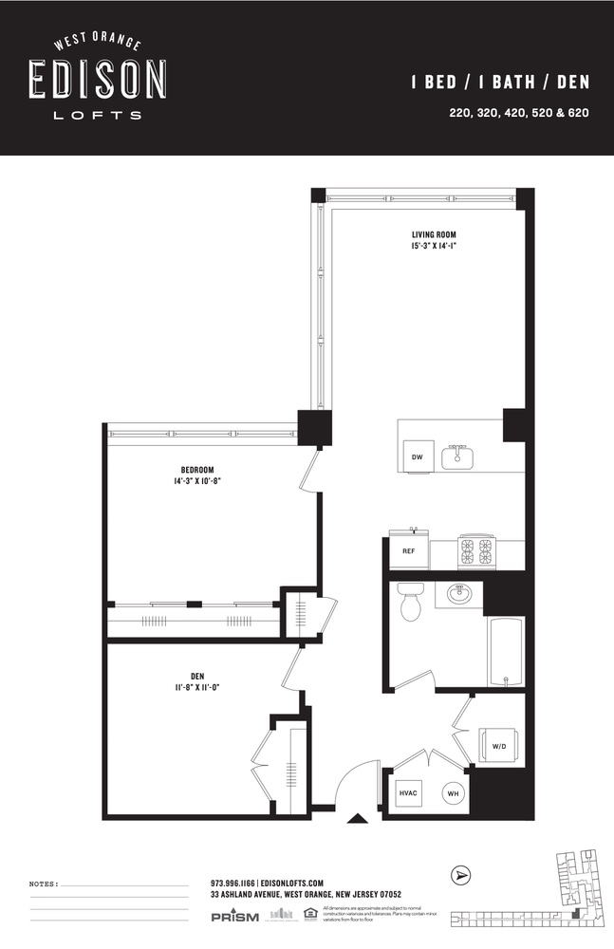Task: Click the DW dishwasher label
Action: pyautogui.click(x=417, y=457)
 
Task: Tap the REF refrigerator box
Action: pyautogui.click(x=408, y=551)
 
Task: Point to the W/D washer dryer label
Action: pyautogui.click(x=498, y=745)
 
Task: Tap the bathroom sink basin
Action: pyautogui.click(x=459, y=595)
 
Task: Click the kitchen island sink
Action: pyautogui.click(x=456, y=456)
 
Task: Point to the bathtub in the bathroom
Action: pyautogui.click(x=504, y=650)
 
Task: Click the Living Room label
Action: pyautogui.click(x=434, y=234)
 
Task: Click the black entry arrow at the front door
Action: pyautogui.click(x=357, y=819)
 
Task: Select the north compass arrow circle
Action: pyautogui.click(x=462, y=875)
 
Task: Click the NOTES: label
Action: pyautogui.click(x=44, y=884)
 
